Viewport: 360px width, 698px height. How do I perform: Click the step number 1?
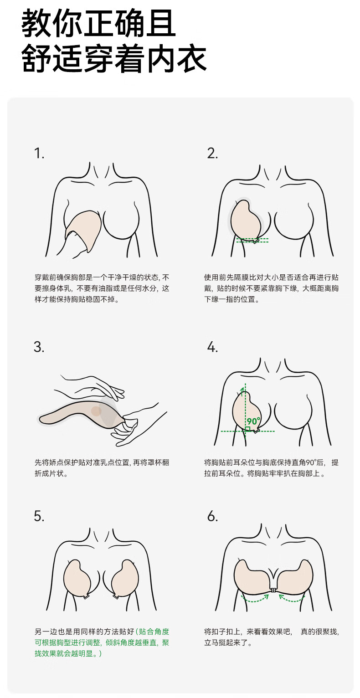pyautogui.click(x=39, y=153)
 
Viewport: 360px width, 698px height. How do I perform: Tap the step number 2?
pyautogui.click(x=212, y=153)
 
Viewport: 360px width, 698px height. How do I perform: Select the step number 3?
pyautogui.click(x=39, y=347)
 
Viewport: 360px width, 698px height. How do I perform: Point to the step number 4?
pyautogui.click(x=212, y=347)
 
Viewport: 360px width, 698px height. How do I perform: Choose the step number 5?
pyautogui.click(x=39, y=516)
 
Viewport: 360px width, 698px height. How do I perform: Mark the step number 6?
pyautogui.click(x=212, y=516)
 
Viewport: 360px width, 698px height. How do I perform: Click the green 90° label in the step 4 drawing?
pyautogui.click(x=253, y=421)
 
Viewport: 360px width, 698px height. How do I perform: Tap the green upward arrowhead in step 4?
pyautogui.click(x=245, y=389)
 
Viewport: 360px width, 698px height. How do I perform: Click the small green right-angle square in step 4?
pyautogui.click(x=247, y=428)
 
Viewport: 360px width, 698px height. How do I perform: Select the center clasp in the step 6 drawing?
pyautogui.click(x=273, y=590)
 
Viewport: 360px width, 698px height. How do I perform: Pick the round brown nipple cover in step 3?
pyautogui.click(x=96, y=411)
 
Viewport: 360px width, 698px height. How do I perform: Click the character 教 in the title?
pyautogui.click(x=37, y=25)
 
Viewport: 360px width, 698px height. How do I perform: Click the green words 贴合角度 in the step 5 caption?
pyautogui.click(x=154, y=631)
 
